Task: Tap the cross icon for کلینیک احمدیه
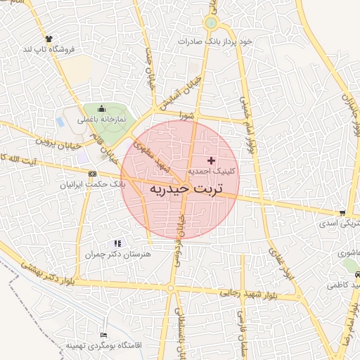[x=211, y=161]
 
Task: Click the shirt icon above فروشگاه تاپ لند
[x=48, y=39]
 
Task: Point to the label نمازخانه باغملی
[x=101, y=120]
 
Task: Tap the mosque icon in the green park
[x=102, y=109]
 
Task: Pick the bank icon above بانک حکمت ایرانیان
[x=92, y=173]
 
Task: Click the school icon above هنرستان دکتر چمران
[x=117, y=243]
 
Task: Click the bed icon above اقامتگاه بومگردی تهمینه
[x=104, y=335]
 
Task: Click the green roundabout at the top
[x=210, y=24]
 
